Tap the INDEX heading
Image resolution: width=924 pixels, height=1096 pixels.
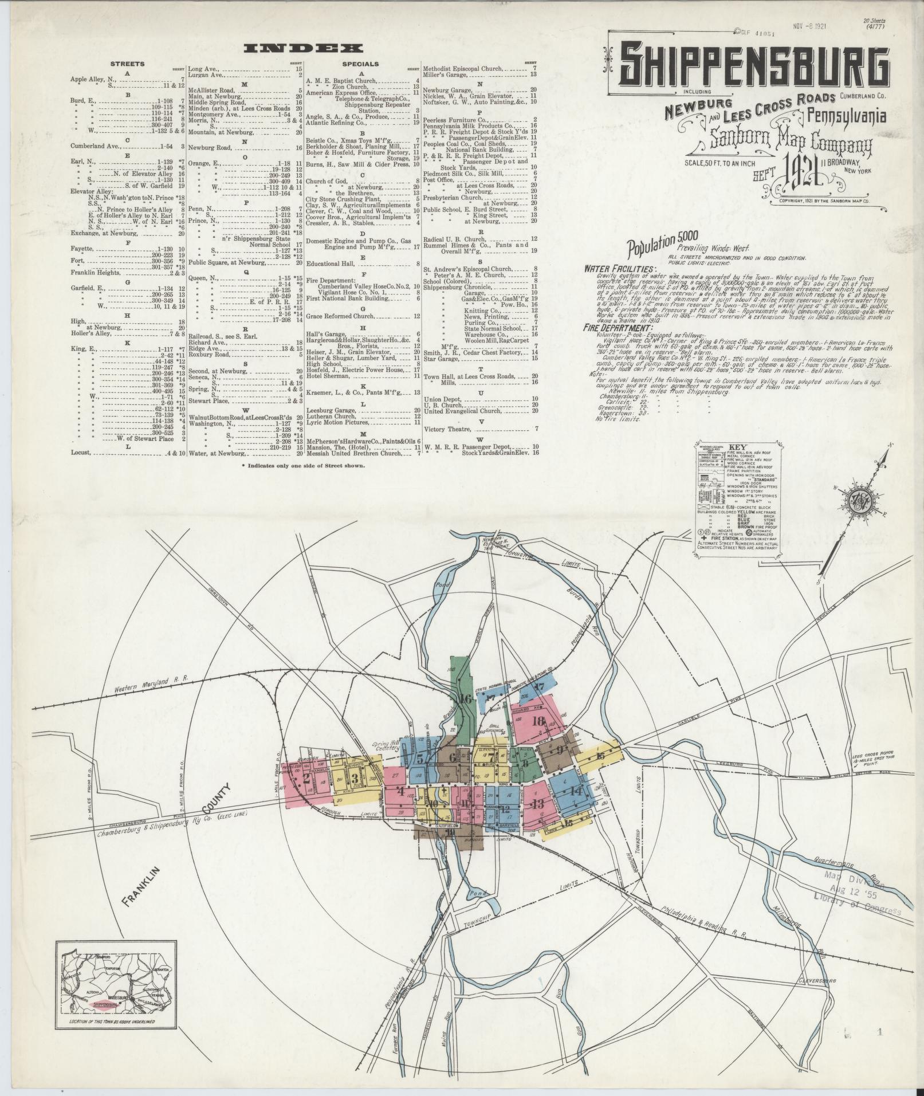[303, 48]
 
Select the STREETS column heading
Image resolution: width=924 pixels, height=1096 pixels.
[127, 64]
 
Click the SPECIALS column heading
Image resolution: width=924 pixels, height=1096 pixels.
[360, 64]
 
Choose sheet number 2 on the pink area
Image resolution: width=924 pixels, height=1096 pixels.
[306, 778]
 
